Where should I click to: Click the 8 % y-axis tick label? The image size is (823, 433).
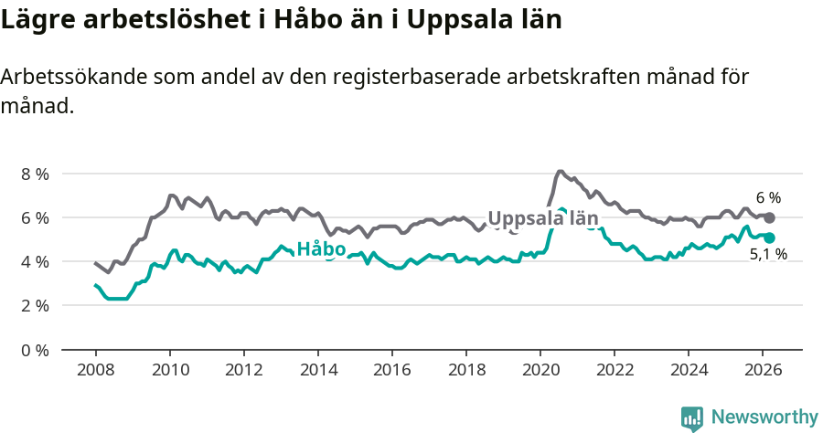pyautogui.click(x=35, y=174)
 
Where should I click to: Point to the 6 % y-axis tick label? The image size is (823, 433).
pyautogui.click(x=35, y=217)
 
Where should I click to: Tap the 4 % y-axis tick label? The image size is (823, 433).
pyautogui.click(x=35, y=261)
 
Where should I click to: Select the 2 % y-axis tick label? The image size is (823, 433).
pyautogui.click(x=35, y=305)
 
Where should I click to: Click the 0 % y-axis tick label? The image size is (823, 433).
pyautogui.click(x=35, y=349)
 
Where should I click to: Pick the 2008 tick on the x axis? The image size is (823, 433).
pyautogui.click(x=95, y=370)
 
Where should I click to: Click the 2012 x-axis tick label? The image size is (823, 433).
pyautogui.click(x=243, y=370)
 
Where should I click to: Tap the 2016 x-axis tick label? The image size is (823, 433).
pyautogui.click(x=391, y=370)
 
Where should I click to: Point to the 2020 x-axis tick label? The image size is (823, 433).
pyautogui.click(x=540, y=370)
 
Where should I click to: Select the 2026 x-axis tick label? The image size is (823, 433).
pyautogui.click(x=762, y=370)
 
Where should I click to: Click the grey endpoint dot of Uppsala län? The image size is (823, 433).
pyautogui.click(x=770, y=217)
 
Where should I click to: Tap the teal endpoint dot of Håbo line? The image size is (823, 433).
pyautogui.click(x=770, y=238)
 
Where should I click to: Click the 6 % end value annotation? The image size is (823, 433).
pyautogui.click(x=768, y=197)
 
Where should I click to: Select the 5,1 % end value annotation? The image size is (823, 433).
pyautogui.click(x=768, y=255)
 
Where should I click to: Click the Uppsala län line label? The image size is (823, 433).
pyautogui.click(x=543, y=218)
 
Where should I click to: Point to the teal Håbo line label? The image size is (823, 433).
pyautogui.click(x=321, y=249)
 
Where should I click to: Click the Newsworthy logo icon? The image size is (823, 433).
pyautogui.click(x=692, y=418)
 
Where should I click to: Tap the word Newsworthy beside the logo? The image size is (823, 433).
pyautogui.click(x=764, y=417)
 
